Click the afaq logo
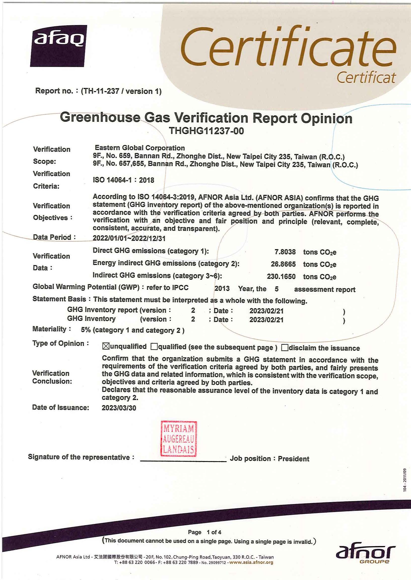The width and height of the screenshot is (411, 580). pyautogui.click(x=59, y=46)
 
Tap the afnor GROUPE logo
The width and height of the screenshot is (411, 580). pyautogui.click(x=365, y=554)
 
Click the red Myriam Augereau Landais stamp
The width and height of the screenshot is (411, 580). pyautogui.click(x=179, y=439)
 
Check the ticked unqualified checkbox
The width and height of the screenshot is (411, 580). pyautogui.click(x=105, y=346)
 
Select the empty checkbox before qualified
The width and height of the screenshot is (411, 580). pyautogui.click(x=154, y=346)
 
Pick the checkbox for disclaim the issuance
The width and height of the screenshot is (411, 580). pyautogui.click(x=285, y=348)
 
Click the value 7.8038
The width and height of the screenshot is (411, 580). pyautogui.click(x=285, y=252)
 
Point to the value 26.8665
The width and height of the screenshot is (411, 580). pyautogui.click(x=283, y=264)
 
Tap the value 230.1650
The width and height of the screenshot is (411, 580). pyautogui.click(x=281, y=276)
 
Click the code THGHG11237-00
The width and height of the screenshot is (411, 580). pyautogui.click(x=206, y=131)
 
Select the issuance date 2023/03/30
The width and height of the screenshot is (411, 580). pyautogui.click(x=119, y=408)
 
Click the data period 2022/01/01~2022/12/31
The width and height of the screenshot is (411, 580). pyautogui.click(x=129, y=238)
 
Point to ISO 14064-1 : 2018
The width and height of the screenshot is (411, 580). pyautogui.click(x=123, y=180)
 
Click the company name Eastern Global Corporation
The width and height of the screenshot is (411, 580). pyautogui.click(x=140, y=148)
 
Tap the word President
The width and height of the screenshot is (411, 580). pyautogui.click(x=293, y=459)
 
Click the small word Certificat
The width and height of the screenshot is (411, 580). pyautogui.click(x=366, y=78)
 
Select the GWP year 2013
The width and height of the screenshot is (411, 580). pyautogui.click(x=222, y=288)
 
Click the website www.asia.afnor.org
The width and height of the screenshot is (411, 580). pyautogui.click(x=251, y=563)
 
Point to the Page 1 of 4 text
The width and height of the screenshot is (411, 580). pyautogui.click(x=205, y=532)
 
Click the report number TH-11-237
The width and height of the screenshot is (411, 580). pyautogui.click(x=100, y=91)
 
